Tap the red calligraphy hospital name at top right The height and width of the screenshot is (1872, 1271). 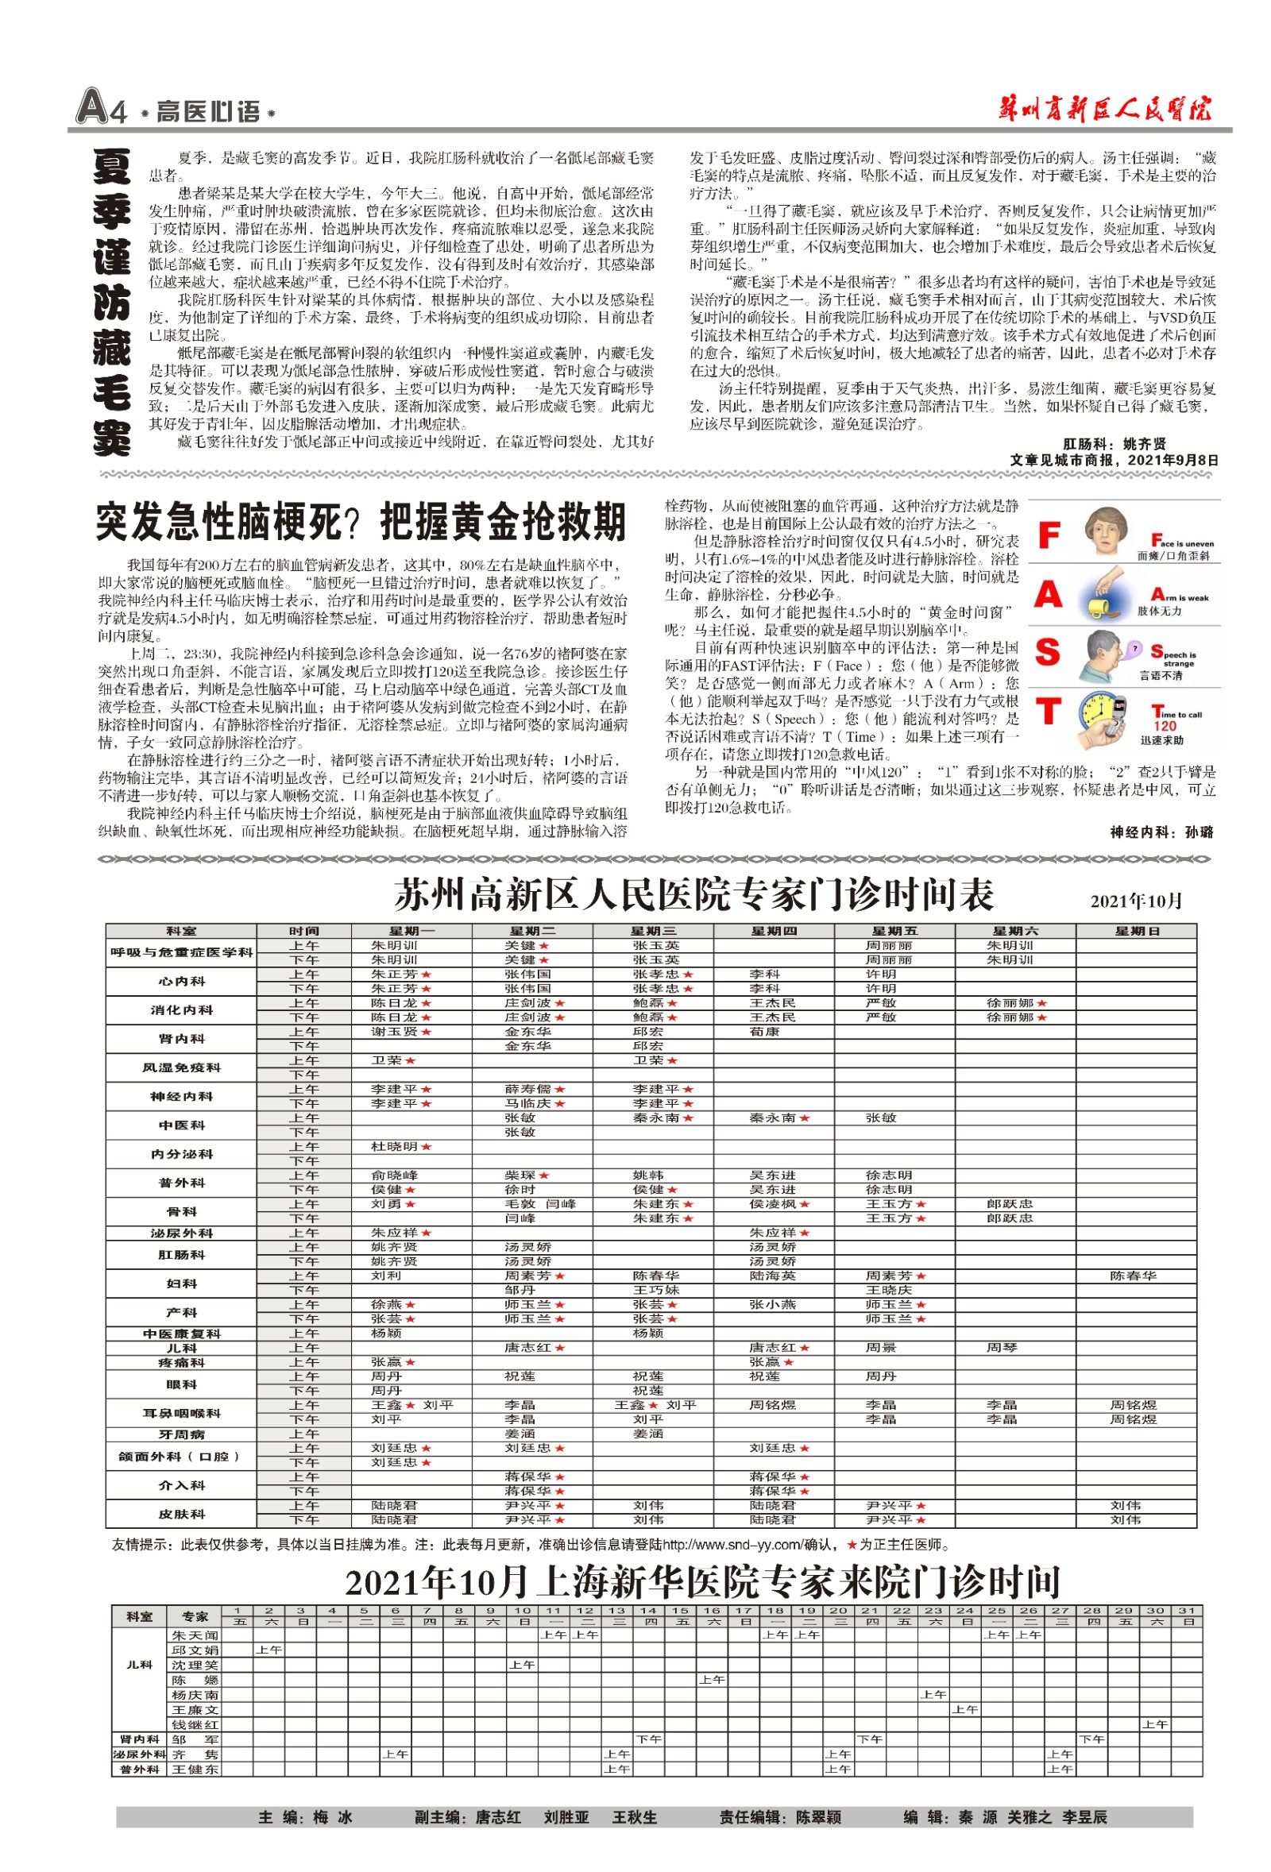[x=1104, y=108]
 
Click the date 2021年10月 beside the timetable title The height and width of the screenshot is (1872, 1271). [x=1136, y=901]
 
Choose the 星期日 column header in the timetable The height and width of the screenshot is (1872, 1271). [x=1137, y=931]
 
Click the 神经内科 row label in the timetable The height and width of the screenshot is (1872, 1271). [x=181, y=1096]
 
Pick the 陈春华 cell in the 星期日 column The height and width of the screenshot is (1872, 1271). [x=1133, y=1276]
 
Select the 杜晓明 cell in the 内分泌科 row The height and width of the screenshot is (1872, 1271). [x=395, y=1146]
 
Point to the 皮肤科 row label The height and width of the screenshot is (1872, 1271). [x=181, y=1514]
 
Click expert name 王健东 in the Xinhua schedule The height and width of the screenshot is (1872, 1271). [x=195, y=1770]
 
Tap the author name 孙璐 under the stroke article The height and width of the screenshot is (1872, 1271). [x=1199, y=833]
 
